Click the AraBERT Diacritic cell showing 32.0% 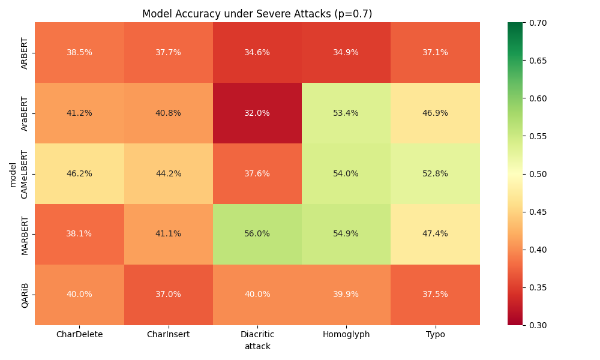point(257,113)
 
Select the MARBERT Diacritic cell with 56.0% point(257,234)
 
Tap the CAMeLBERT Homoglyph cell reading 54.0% point(346,173)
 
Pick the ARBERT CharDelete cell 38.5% point(79,53)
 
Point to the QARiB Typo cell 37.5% point(435,295)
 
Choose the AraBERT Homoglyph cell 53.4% point(346,113)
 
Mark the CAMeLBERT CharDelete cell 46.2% point(79,173)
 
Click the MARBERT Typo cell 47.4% point(435,234)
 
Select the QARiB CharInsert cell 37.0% point(168,295)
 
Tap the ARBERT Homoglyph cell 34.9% point(346,53)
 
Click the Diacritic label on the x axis point(257,335)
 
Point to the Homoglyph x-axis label point(346,335)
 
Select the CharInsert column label point(168,335)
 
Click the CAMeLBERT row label point(25,174)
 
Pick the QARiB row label point(25,295)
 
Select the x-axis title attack point(257,346)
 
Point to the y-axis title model point(13,174)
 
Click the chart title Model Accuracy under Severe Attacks point(257,14)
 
